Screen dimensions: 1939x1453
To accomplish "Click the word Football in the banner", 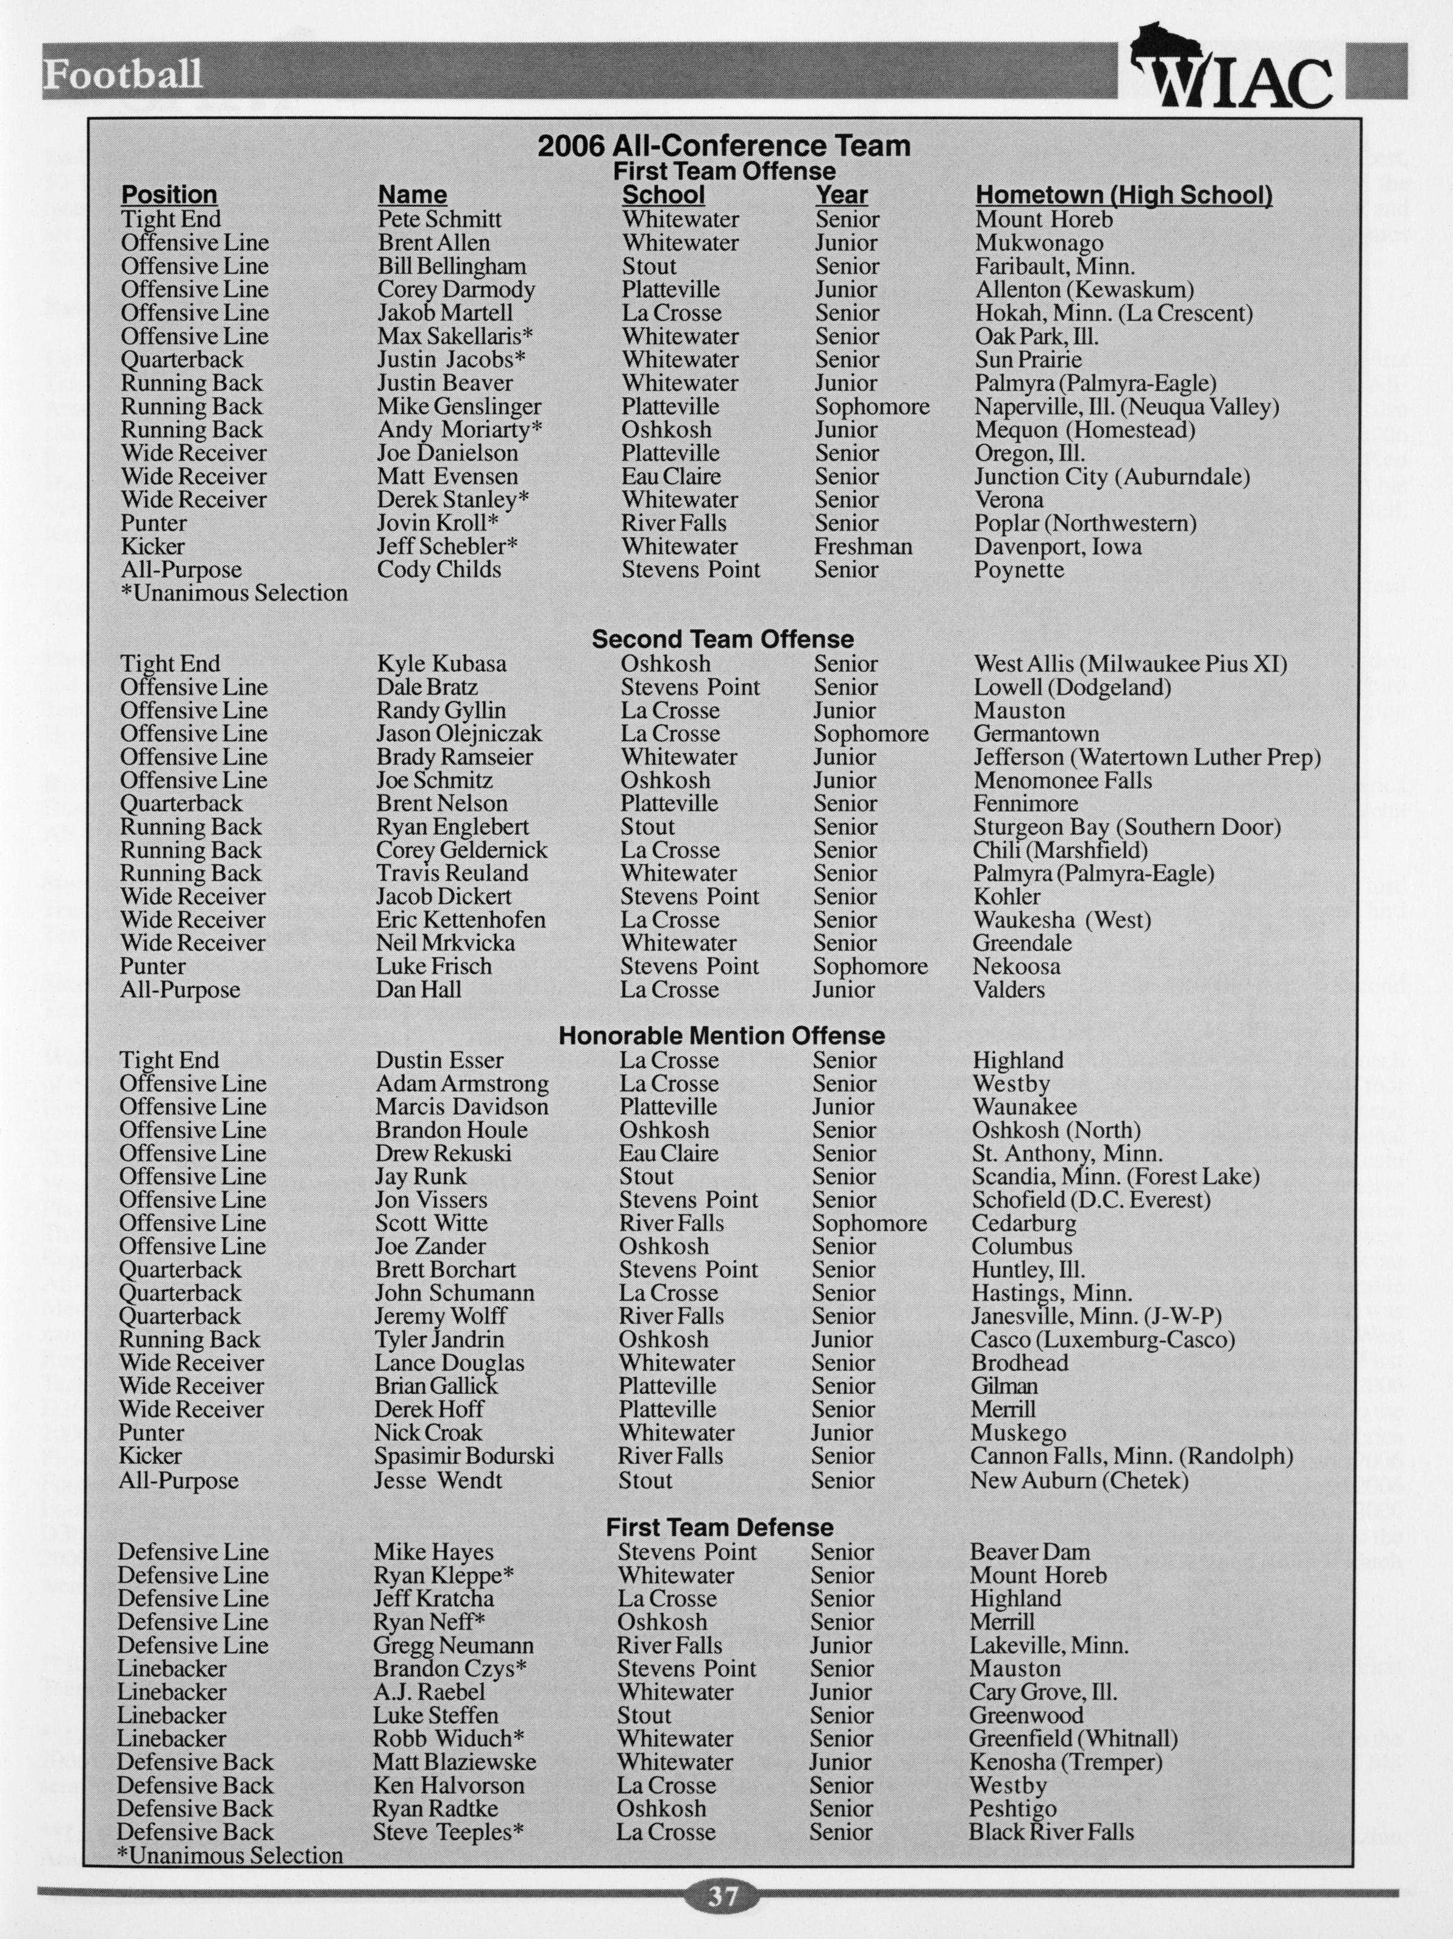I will click(123, 74).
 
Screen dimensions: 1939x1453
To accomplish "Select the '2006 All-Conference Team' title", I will click(724, 146).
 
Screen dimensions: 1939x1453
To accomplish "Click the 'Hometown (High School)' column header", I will click(1123, 195).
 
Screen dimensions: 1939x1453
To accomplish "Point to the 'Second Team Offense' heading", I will click(723, 640).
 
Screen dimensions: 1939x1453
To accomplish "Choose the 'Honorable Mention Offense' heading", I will click(722, 1036).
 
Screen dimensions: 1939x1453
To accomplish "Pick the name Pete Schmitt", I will click(440, 219).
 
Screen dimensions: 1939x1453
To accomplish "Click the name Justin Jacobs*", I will click(452, 359).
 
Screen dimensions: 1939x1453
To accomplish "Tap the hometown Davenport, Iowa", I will click(1058, 547).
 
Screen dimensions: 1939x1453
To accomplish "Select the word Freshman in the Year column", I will click(863, 547).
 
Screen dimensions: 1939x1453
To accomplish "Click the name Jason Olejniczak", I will click(459, 734).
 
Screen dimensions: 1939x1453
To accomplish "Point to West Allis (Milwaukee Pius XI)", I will click(1129, 663).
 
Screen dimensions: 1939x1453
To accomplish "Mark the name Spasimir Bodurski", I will click(464, 1456).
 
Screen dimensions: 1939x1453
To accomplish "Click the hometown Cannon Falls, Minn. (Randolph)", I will click(1131, 1456).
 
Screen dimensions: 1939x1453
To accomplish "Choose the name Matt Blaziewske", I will click(455, 1762).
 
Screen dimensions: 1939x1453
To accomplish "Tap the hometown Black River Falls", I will click(1051, 1832).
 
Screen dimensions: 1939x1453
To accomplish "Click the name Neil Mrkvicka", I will click(445, 943).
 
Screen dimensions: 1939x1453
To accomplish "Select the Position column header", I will click(169, 195).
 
